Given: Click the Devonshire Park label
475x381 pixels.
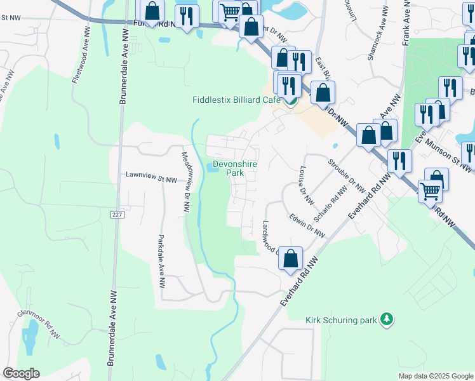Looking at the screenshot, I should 229,168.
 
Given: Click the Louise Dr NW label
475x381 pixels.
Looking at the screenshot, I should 305,185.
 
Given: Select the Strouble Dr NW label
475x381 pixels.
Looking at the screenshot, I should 347,175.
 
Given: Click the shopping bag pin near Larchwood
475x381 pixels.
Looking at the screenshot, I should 290,259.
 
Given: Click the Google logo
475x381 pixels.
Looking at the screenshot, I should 21,373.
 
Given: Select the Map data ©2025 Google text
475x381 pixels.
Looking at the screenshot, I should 435,376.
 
